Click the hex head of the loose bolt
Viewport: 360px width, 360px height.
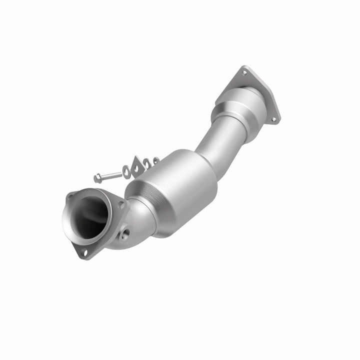[98, 177]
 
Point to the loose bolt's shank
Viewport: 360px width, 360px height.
[112, 174]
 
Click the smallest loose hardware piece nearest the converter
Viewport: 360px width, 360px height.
[156, 161]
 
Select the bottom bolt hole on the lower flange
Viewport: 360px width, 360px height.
[84, 252]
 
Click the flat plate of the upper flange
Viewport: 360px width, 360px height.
[260, 95]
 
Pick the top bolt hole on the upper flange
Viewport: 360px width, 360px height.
[244, 73]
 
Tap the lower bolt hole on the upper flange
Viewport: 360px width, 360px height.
[273, 119]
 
